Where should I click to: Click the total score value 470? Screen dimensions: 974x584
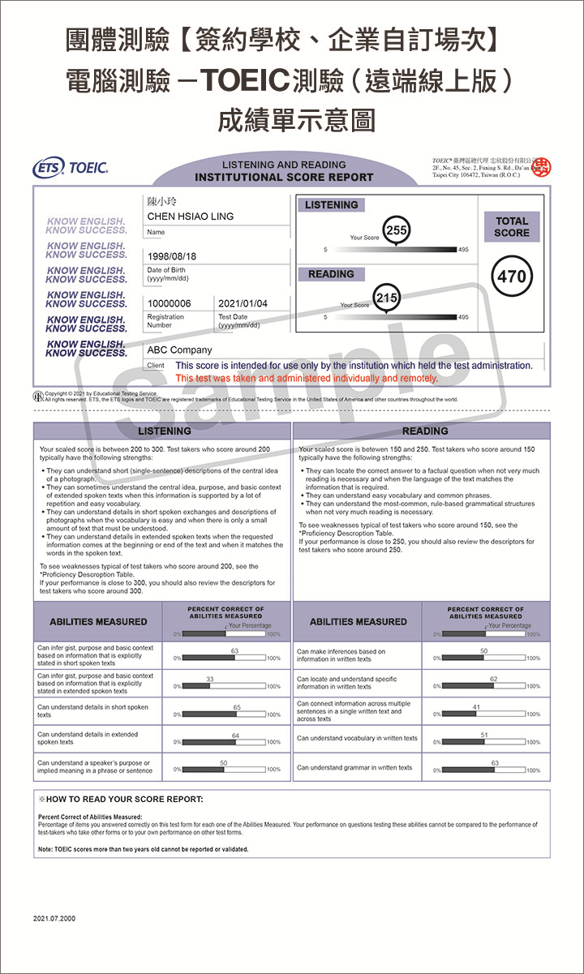click(512, 277)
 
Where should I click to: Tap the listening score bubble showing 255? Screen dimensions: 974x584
click(396, 230)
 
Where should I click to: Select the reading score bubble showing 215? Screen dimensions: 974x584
click(387, 298)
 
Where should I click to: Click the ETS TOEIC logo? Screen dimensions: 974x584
click(70, 169)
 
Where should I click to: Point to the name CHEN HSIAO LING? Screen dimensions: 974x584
click(190, 217)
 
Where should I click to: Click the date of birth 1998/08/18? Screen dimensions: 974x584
click(171, 256)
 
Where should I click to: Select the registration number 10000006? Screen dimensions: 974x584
click(170, 303)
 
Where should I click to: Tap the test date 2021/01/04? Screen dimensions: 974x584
click(243, 303)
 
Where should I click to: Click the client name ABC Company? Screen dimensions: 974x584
click(179, 350)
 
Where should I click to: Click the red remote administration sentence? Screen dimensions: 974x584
click(307, 378)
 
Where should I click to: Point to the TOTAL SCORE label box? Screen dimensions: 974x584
click(512, 226)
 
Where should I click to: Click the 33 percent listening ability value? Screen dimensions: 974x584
click(209, 679)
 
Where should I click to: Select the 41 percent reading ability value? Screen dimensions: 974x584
click(476, 707)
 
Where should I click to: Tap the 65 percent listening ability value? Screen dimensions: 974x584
click(237, 707)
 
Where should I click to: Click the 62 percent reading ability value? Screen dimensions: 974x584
click(494, 679)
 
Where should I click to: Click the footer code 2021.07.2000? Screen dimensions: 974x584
click(54, 918)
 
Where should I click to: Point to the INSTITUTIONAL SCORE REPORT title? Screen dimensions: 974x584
click(284, 177)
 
